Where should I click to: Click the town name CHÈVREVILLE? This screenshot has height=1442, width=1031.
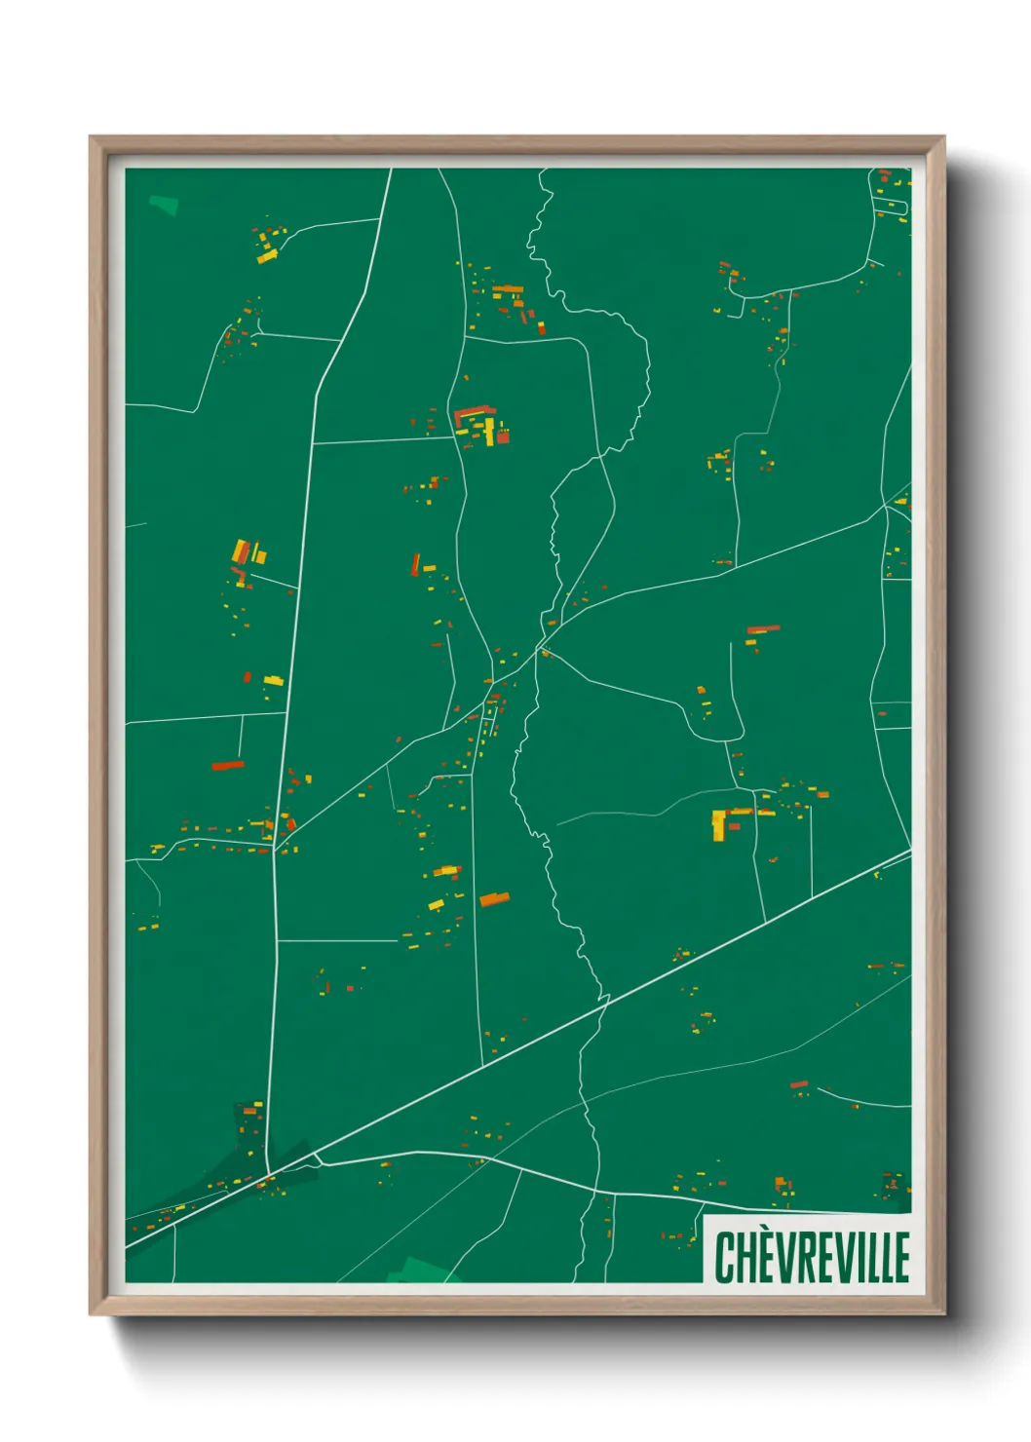tap(812, 1257)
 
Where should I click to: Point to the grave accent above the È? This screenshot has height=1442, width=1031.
tap(762, 1233)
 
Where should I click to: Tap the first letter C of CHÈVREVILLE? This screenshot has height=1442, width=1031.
tap(725, 1258)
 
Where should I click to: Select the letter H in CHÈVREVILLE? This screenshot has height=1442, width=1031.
tap(744, 1258)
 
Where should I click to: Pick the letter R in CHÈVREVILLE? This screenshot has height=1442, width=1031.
tap(801, 1258)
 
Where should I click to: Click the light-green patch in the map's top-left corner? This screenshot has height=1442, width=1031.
tap(164, 205)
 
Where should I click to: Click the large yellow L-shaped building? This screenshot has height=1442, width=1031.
tap(721, 822)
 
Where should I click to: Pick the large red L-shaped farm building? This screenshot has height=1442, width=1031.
tap(472, 413)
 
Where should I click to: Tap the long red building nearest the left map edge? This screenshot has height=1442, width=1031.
tap(227, 766)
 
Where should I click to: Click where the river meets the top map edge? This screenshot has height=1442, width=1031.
tap(543, 171)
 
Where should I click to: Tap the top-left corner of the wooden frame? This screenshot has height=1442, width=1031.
tap(91, 137)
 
